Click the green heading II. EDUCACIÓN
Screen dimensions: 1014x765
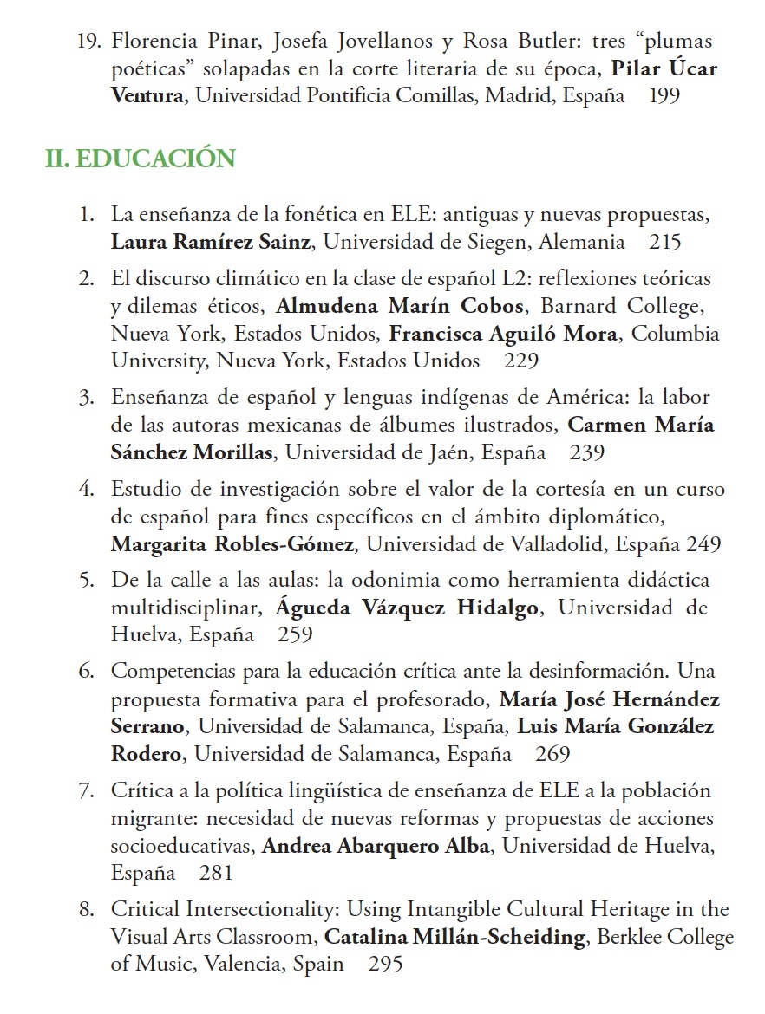click(141, 159)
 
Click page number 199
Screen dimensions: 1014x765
click(664, 96)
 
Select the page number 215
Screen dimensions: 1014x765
click(665, 243)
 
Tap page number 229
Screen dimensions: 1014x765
click(520, 361)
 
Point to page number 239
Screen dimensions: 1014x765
click(587, 452)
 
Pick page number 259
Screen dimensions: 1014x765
click(295, 634)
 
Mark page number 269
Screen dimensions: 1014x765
click(552, 754)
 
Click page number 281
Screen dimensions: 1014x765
click(216, 873)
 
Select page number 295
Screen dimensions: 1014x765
click(386, 964)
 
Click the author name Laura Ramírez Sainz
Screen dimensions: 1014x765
click(210, 243)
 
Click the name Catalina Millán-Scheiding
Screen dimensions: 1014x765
click(455, 937)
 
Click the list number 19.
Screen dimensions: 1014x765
click(89, 42)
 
